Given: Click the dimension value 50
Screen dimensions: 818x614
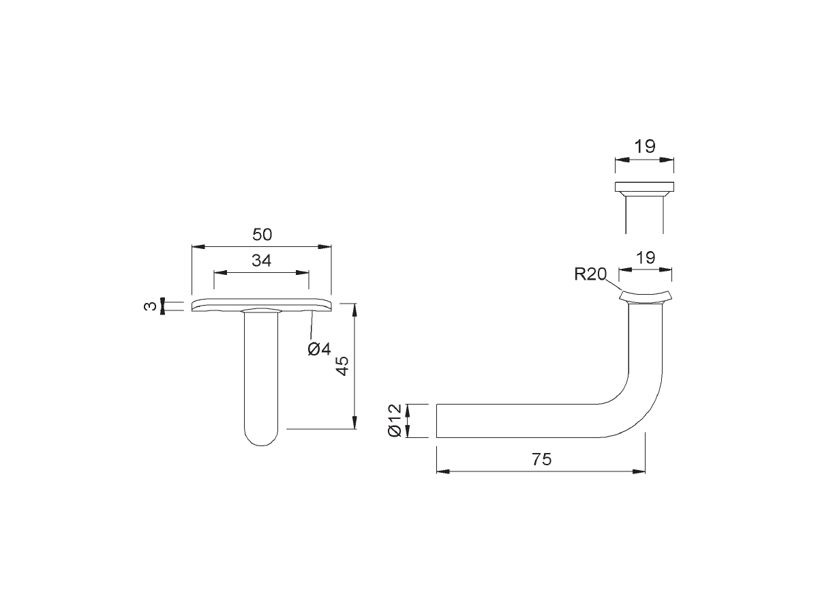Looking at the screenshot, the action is click(x=262, y=235).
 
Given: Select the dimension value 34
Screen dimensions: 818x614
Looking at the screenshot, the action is click(x=261, y=260).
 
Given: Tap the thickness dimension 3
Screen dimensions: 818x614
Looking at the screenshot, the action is click(x=150, y=306).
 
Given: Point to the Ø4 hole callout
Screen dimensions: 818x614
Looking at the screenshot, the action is click(x=320, y=349).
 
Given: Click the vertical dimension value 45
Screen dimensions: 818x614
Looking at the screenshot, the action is click(x=342, y=366).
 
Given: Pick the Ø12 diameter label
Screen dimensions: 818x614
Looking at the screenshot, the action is click(x=395, y=420).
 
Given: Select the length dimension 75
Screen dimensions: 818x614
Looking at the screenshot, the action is click(x=541, y=459).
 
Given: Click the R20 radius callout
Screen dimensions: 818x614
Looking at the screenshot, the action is click(x=591, y=274).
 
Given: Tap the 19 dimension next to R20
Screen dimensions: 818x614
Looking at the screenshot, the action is click(x=646, y=258).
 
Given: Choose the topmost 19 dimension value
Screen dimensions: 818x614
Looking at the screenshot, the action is click(x=645, y=147).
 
